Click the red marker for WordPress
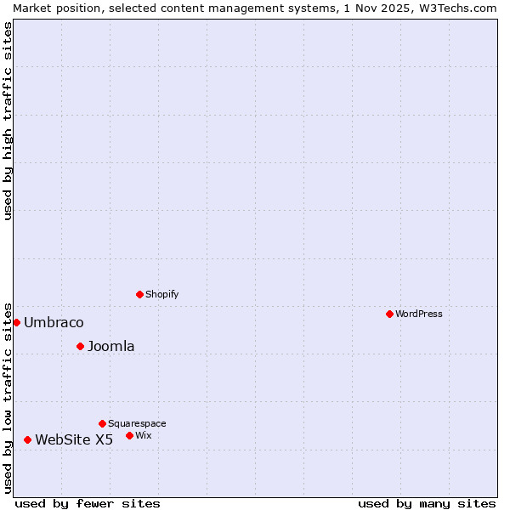tap(389, 314)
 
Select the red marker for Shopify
tap(139, 294)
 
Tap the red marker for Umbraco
tap(16, 322)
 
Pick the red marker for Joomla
tap(80, 346)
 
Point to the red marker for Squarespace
tap(102, 423)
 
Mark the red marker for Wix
tap(129, 435)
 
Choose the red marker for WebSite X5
tap(27, 439)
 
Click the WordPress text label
tap(419, 314)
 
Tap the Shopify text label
tap(161, 294)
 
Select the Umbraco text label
tap(54, 322)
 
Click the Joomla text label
tap(110, 346)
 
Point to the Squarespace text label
tap(137, 423)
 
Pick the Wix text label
tap(143, 435)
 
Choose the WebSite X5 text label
tap(74, 439)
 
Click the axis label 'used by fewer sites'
tap(88, 503)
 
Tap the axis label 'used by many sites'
tap(427, 503)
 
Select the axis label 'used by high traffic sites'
tap(8, 121)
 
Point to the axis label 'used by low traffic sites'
tap(8, 397)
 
